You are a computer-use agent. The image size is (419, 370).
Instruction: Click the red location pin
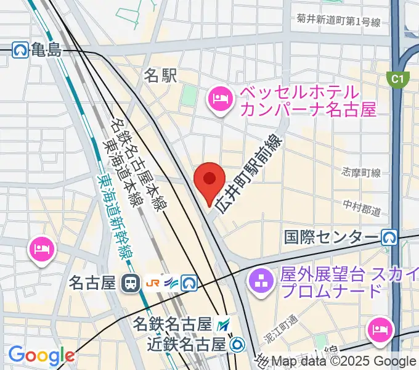pyautogui.click(x=209, y=179)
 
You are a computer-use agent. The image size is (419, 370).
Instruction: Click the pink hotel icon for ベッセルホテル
pyautogui.click(x=220, y=99)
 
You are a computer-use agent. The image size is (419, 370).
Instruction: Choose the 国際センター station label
pyautogui.click(x=331, y=237)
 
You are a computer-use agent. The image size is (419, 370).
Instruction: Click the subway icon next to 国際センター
pyautogui.click(x=389, y=237)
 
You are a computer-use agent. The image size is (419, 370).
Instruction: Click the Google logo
pyautogui.click(x=41, y=355)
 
